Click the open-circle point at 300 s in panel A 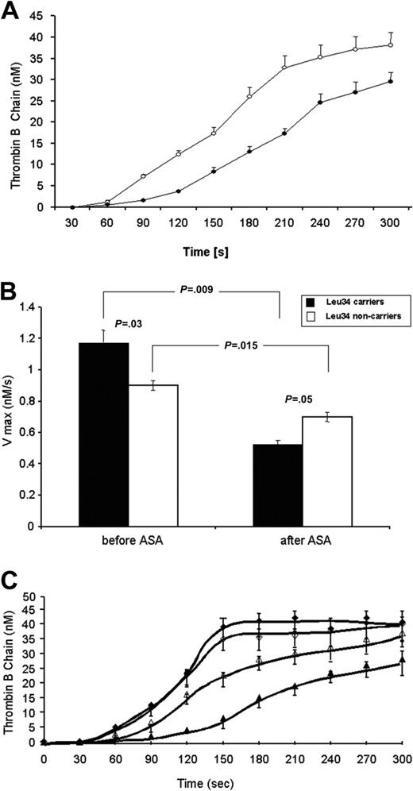(x=391, y=45)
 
